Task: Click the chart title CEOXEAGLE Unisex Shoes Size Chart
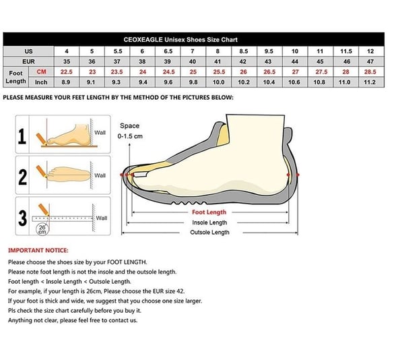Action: coord(180,40)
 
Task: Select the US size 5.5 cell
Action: coord(118,51)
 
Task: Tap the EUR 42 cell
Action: coord(244,61)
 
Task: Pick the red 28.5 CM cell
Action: coord(370,72)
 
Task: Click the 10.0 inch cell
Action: coord(218,82)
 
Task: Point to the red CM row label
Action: coord(41,71)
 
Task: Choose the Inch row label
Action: coord(41,82)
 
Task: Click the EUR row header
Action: coord(28,61)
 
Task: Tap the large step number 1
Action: coord(22,136)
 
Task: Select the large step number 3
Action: coord(23,218)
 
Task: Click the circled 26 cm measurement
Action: coord(42,229)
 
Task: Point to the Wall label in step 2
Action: coord(100,175)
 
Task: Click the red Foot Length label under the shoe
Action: coord(209,212)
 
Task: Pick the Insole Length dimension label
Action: coord(209,222)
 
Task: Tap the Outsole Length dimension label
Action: coord(209,232)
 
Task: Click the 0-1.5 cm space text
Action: coord(130,136)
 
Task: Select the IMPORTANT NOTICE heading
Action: coord(38,250)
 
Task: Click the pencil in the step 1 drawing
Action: coord(42,139)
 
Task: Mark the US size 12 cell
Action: coord(370,51)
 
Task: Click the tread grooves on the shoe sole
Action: coord(189,203)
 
